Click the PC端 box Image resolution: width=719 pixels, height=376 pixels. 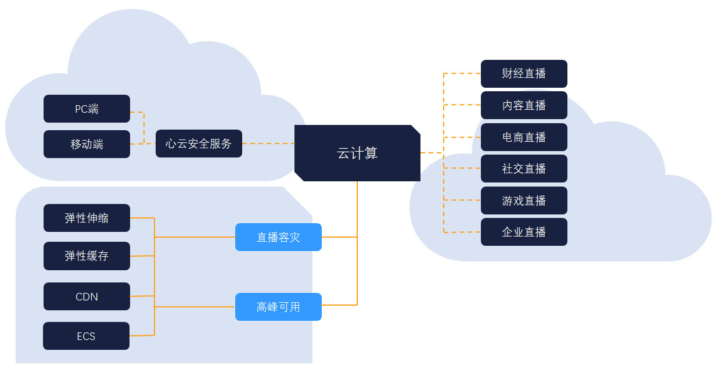(x=87, y=109)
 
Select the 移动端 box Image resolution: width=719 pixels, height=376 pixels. (x=87, y=144)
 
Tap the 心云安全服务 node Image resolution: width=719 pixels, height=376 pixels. (x=199, y=144)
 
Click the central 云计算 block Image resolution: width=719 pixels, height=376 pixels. (x=357, y=153)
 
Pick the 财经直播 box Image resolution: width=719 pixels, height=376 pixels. (x=524, y=74)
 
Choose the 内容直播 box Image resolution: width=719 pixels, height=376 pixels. (x=524, y=105)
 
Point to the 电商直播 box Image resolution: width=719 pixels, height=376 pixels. (x=524, y=137)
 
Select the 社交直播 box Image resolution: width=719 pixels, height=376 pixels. (x=524, y=169)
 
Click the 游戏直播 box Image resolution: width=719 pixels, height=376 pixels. (x=524, y=200)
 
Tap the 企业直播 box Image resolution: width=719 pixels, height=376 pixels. (x=524, y=232)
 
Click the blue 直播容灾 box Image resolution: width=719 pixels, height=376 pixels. (x=278, y=237)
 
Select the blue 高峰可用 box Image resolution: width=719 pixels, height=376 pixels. (x=278, y=307)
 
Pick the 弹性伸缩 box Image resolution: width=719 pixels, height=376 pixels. (x=87, y=218)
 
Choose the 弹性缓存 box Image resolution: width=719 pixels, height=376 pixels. (x=87, y=256)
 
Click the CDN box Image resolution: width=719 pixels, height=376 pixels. (x=87, y=296)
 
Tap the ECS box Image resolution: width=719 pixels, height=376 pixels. (x=86, y=336)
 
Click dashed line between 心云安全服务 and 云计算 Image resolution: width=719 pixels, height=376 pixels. (x=268, y=144)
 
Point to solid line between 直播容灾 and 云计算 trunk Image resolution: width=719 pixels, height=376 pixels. (x=339, y=237)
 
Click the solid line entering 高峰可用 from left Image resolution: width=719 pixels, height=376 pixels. (x=195, y=306)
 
